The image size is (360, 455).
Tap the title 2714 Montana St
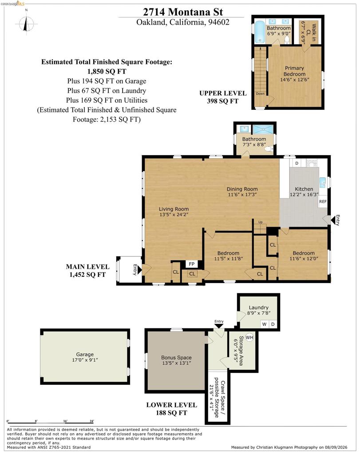coord(183,12)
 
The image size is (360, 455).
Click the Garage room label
coord(85,354)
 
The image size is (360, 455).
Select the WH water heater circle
coord(249,337)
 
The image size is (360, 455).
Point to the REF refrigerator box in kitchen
coord(323,201)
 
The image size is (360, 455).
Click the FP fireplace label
coord(192,264)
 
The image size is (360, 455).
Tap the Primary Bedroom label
coord(294,71)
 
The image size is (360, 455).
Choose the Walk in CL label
coord(311,32)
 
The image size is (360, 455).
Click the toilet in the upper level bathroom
coord(287,40)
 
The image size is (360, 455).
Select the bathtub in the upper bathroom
coord(260,32)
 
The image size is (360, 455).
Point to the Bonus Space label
coord(176,358)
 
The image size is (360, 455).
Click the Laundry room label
coord(258,307)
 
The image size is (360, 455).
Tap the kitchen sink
coord(322,183)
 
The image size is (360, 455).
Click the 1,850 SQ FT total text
coord(107,72)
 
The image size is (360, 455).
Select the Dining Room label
coord(242,189)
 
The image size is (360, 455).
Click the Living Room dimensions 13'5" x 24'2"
coord(174,215)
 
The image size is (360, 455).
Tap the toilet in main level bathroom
coord(269,149)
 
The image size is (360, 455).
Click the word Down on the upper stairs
coord(260,94)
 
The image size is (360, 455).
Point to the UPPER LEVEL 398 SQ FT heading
coord(222,97)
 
